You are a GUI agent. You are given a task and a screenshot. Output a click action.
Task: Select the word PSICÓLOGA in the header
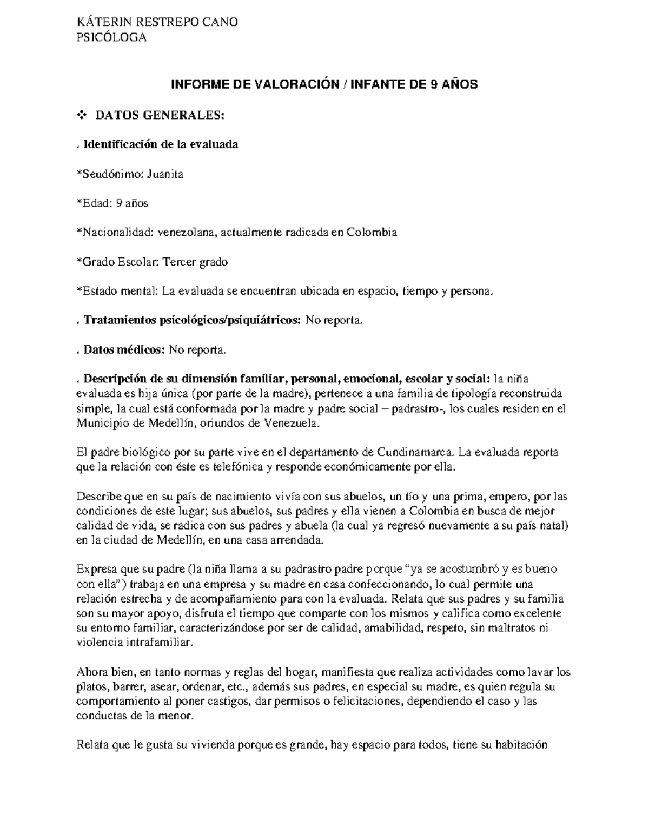[112, 37]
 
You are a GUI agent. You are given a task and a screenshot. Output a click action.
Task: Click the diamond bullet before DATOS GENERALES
[82, 115]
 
